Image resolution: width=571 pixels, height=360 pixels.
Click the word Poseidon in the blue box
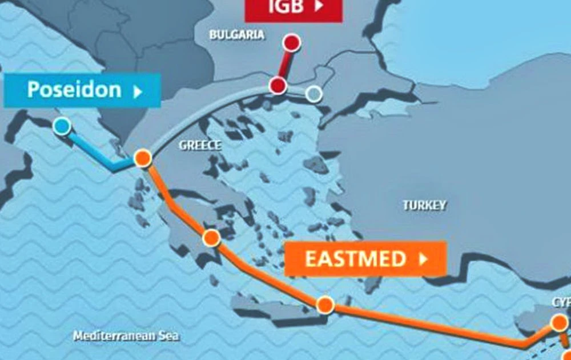click(74, 90)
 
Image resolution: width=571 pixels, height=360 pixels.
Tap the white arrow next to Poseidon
click(138, 91)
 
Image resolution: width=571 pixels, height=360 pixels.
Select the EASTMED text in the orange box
click(355, 259)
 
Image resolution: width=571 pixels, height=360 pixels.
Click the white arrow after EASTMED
click(423, 259)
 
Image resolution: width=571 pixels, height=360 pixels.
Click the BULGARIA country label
click(237, 35)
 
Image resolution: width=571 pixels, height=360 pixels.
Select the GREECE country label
click(200, 145)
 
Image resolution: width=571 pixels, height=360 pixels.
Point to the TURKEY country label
click(424, 205)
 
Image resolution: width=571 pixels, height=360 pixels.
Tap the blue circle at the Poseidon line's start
click(62, 126)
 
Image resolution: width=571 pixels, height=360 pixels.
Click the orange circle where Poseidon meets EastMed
click(142, 158)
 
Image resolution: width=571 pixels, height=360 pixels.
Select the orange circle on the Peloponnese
click(211, 238)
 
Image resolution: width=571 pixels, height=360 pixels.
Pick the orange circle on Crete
click(325, 305)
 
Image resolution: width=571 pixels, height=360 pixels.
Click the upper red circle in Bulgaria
click(292, 42)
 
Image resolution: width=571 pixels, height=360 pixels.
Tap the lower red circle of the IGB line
click(278, 86)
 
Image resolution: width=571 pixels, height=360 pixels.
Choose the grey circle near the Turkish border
click(313, 94)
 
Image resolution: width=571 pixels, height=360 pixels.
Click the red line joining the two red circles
click(285, 64)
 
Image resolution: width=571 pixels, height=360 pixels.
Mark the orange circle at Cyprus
click(559, 323)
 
